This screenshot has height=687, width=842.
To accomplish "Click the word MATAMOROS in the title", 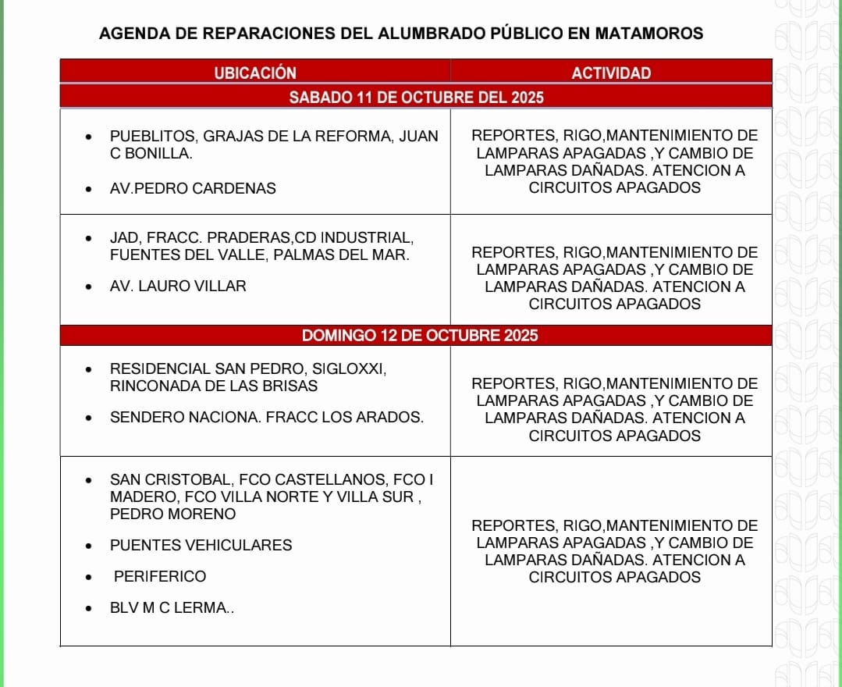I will tap(648, 34).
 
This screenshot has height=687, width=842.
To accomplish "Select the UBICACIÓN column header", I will tap(255, 73).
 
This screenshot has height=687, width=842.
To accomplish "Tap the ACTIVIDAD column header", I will tap(611, 73).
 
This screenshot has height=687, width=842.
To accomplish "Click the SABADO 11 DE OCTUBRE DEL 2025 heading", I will tap(416, 98).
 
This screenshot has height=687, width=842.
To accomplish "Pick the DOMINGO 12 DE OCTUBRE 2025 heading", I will tap(420, 336).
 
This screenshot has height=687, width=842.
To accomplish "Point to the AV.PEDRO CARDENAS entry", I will tap(193, 188).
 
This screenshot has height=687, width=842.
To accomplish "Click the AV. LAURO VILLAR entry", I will tap(178, 287).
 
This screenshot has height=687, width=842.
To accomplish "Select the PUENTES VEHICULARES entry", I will tap(201, 546).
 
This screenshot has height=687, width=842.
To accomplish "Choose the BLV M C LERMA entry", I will tap(172, 608).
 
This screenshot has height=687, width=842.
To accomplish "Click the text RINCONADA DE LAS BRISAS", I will tap(214, 386).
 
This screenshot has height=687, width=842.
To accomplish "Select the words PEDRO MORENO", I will tap(172, 514).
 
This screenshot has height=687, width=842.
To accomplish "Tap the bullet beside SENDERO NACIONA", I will tap(91, 418).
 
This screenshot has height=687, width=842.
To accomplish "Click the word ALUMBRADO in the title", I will tap(433, 34).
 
